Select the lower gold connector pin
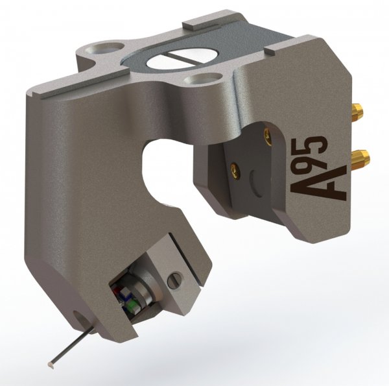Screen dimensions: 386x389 (362, 156)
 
